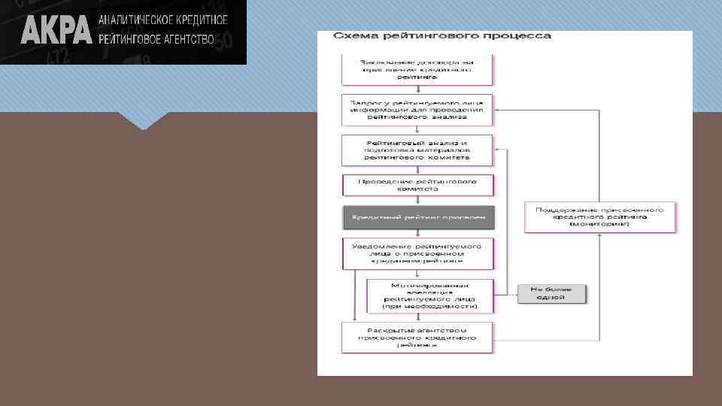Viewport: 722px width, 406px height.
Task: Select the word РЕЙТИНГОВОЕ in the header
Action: point(129,39)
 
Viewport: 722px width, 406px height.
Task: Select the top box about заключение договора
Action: point(417,68)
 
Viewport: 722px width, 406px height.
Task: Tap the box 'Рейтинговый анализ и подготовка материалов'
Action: point(417,150)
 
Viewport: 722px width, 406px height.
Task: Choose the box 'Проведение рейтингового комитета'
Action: point(417,184)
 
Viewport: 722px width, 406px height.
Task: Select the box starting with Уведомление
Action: point(417,253)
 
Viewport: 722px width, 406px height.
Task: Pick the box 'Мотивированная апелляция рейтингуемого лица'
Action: point(430,296)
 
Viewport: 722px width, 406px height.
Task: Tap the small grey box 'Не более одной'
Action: point(547,293)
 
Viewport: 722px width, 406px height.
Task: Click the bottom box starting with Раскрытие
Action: point(417,338)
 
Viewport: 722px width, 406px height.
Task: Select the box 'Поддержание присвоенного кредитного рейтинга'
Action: point(599,217)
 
